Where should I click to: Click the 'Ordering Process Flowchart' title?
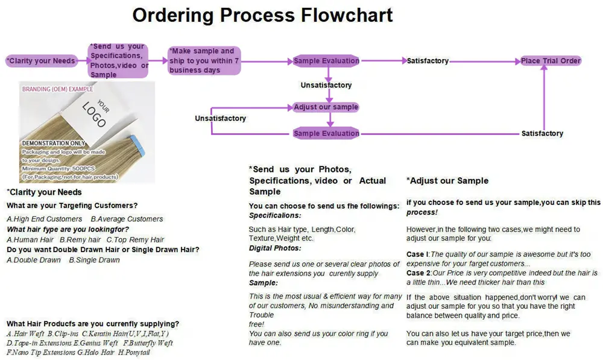click(262, 15)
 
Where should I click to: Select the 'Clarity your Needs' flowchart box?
click(41, 60)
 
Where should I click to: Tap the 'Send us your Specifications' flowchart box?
click(119, 60)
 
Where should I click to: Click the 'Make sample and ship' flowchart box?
click(204, 60)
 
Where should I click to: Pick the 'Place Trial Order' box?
click(551, 61)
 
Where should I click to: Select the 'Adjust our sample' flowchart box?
click(326, 107)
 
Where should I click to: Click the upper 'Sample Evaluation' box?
click(326, 61)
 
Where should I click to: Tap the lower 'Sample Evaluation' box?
click(326, 133)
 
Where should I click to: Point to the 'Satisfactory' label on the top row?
click(428, 61)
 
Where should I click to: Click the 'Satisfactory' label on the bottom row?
click(542, 133)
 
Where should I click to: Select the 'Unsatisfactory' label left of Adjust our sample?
click(220, 119)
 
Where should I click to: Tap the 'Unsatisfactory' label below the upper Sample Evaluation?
click(326, 86)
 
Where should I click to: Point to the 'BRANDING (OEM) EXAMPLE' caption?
click(57, 89)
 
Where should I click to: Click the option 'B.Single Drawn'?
click(94, 260)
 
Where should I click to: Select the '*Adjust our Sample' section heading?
click(447, 180)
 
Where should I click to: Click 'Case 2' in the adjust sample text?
click(418, 273)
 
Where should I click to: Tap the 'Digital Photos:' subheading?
click(275, 248)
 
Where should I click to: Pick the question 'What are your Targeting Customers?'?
click(72, 206)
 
